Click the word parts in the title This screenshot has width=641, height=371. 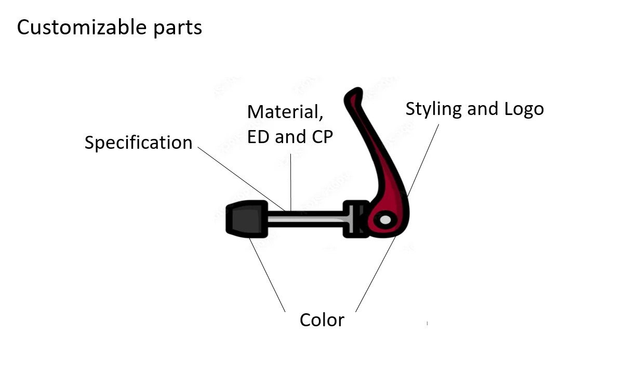point(177,28)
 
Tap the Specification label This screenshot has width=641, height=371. point(138,143)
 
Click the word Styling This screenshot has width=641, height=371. point(433,109)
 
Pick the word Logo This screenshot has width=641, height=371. point(524,109)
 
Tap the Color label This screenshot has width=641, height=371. point(322,319)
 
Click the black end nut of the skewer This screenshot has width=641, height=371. point(244,219)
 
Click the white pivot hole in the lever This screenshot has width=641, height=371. point(385,220)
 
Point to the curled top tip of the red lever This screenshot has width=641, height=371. point(354,94)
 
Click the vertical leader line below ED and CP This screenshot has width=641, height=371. point(291,182)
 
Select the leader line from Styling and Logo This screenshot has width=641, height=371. point(423,159)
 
